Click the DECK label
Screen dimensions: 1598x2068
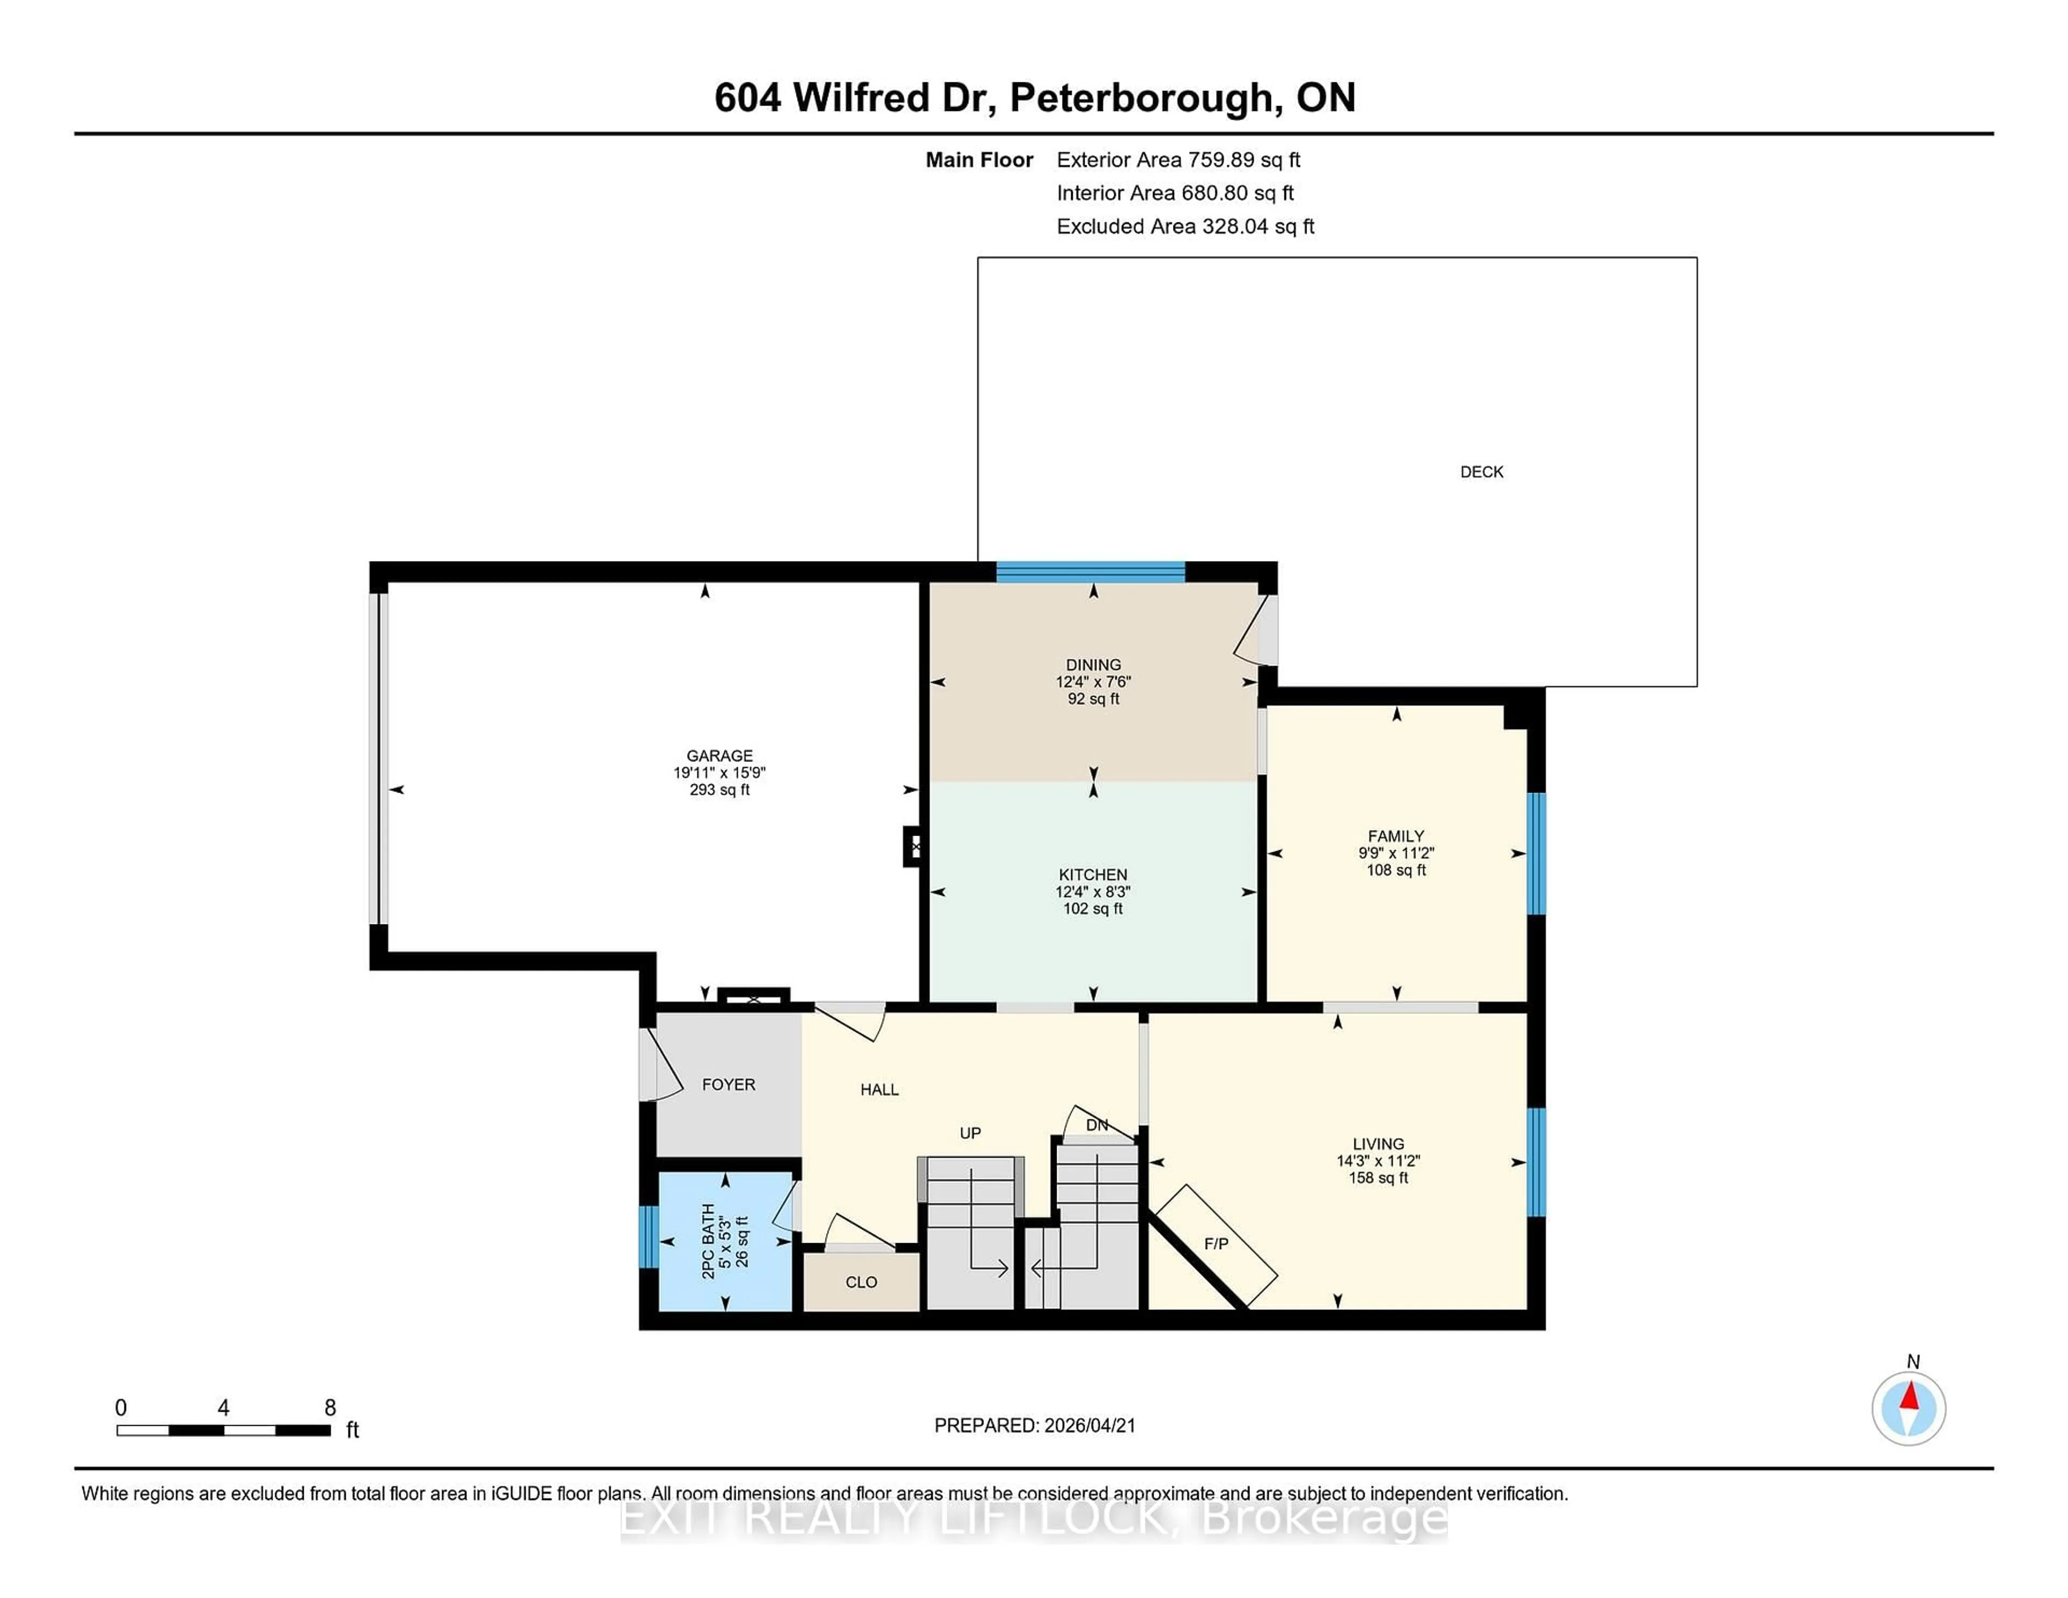pyautogui.click(x=1481, y=472)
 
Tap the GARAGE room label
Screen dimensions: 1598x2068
pyautogui.click(x=719, y=755)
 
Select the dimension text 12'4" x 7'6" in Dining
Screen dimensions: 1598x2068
pyautogui.click(x=1094, y=682)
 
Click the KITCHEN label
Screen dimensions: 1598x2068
pyautogui.click(x=1093, y=875)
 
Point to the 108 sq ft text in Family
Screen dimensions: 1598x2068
pyautogui.click(x=1396, y=870)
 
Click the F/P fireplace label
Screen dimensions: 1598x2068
pyautogui.click(x=1217, y=1243)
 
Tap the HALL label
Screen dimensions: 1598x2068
pyautogui.click(x=879, y=1090)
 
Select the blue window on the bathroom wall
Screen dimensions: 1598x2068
pyautogui.click(x=648, y=1236)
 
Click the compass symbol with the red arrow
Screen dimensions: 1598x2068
pyautogui.click(x=1909, y=1408)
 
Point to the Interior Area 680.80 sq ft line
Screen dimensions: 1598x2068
pyautogui.click(x=1175, y=193)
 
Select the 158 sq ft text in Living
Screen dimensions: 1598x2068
pyautogui.click(x=1379, y=1178)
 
